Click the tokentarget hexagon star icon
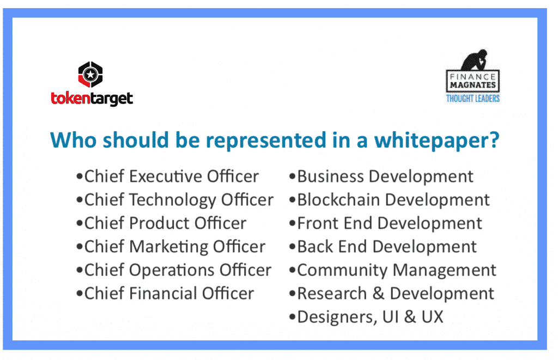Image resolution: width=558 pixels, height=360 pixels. (x=90, y=75)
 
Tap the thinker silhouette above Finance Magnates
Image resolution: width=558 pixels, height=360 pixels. (x=475, y=60)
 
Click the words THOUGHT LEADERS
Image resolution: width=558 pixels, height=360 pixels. (x=473, y=98)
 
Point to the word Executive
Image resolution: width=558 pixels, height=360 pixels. (x=165, y=176)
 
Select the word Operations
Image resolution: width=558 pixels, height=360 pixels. (x=172, y=271)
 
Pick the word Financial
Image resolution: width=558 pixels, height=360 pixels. (x=163, y=294)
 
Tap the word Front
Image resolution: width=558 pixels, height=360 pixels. (x=318, y=223)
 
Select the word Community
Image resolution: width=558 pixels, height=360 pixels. (x=342, y=271)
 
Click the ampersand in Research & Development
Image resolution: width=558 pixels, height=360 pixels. (x=378, y=294)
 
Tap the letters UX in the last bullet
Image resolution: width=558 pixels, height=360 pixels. (x=432, y=317)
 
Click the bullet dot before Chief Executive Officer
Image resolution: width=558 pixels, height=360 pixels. (x=80, y=176)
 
